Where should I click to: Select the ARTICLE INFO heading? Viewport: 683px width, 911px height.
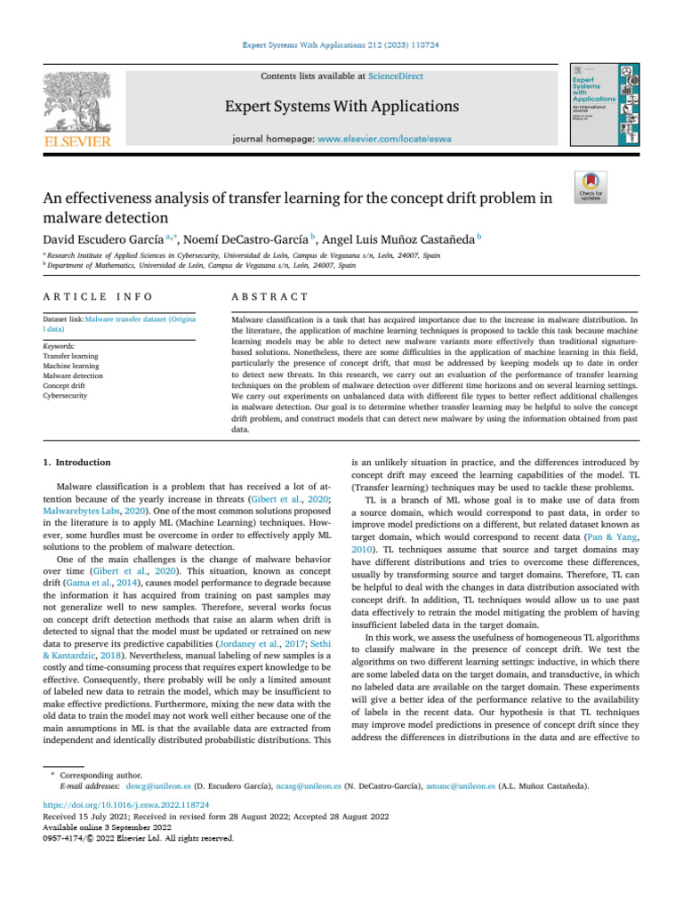[97, 296]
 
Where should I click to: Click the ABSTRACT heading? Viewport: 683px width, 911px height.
[269, 296]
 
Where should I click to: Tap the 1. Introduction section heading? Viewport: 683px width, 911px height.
[77, 463]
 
